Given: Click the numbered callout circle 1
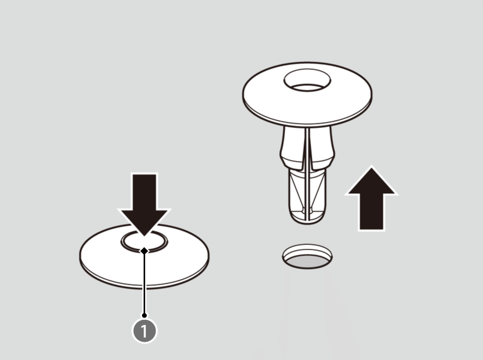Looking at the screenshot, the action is pyautogui.click(x=144, y=331).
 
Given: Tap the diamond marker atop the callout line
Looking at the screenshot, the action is pyautogui.click(x=144, y=251).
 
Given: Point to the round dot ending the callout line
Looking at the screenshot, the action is pyautogui.click(x=144, y=315).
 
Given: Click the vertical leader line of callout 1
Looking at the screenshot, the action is pyautogui.click(x=144, y=284).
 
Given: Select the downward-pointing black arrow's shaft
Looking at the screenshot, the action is pyautogui.click(x=144, y=192).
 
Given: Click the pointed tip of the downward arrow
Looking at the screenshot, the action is pyautogui.click(x=144, y=236).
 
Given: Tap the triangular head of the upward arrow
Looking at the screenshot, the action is pyautogui.click(x=371, y=182).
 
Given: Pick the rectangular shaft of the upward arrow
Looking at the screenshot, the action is pyautogui.click(x=371, y=212).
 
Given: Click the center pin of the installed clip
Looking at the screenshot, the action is pyautogui.click(x=144, y=241).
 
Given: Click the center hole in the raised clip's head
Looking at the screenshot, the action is pyautogui.click(x=307, y=81).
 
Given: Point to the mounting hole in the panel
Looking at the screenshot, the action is pyautogui.click(x=308, y=257).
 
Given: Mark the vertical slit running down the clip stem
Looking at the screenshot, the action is pyautogui.click(x=308, y=174).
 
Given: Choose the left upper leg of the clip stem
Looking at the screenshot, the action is pyautogui.click(x=292, y=147).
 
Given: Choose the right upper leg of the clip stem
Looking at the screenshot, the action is pyautogui.click(x=322, y=147).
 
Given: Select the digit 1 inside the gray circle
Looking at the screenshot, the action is pyautogui.click(x=144, y=331).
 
